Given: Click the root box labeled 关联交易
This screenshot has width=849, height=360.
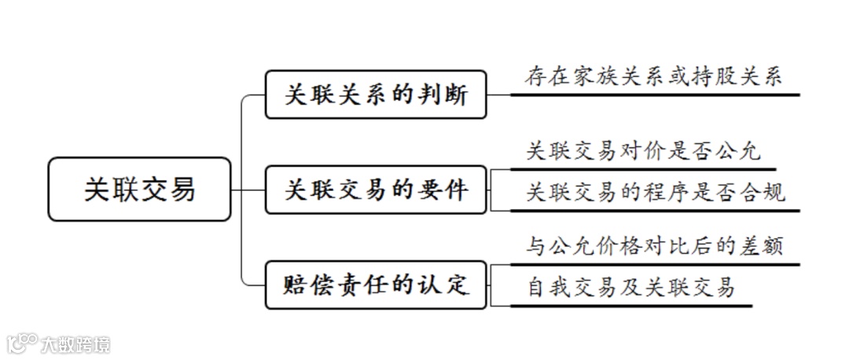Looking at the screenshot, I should click(140, 189).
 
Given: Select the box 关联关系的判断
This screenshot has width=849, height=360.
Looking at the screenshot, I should click(376, 95).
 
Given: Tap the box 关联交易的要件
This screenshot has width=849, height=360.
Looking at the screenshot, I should click(376, 189).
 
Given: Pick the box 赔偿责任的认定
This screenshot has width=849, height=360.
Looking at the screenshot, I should click(376, 284).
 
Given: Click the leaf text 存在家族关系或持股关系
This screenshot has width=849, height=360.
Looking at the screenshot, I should click(654, 78).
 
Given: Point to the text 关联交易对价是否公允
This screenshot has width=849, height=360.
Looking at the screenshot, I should click(644, 152).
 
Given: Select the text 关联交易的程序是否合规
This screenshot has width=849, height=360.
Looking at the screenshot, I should click(655, 193).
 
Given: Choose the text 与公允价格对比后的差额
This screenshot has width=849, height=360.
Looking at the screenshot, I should click(655, 247).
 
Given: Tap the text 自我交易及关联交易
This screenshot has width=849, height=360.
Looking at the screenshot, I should click(631, 288).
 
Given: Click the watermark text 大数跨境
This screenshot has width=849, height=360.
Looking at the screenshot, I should click(76, 344).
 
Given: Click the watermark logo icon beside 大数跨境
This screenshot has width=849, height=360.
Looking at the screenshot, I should click(22, 343).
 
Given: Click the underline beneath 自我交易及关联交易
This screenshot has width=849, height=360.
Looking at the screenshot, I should click(631, 305).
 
